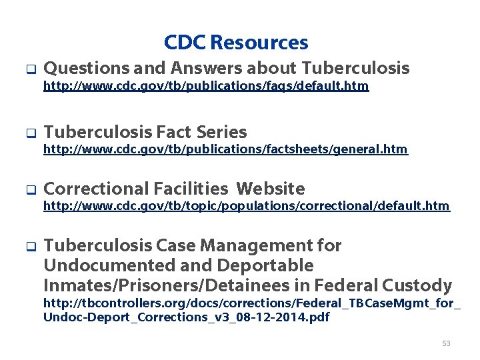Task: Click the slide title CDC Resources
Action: point(236,43)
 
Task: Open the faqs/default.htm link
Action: point(206,87)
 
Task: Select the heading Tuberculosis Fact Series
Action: point(145,132)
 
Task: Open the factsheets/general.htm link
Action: point(225,149)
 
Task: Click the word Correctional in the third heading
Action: point(96,189)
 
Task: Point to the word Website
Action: point(271,189)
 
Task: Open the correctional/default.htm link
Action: point(247,207)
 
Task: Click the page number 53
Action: point(446,343)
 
